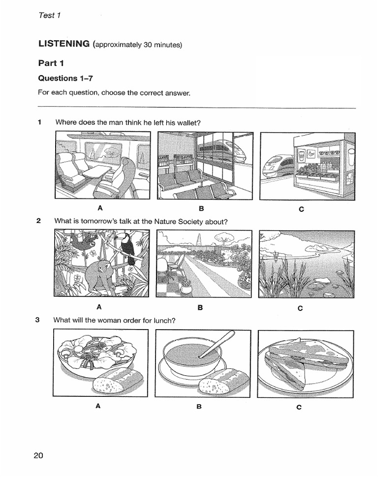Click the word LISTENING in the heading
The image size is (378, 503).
(64, 44)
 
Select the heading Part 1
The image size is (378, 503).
(51, 63)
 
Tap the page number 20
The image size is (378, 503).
(39, 455)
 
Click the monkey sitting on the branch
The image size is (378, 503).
(101, 278)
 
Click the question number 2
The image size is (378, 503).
(38, 221)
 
